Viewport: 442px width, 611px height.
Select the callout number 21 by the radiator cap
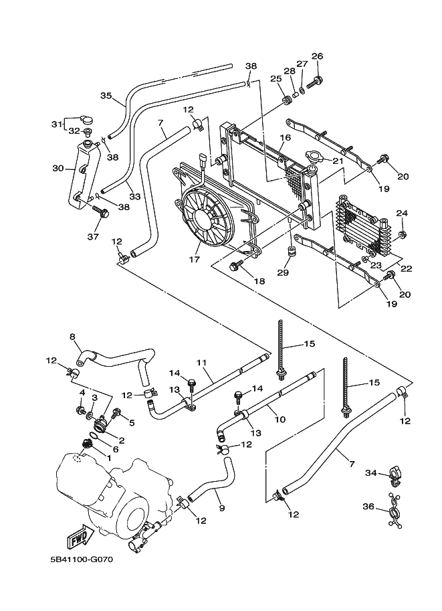[x=338, y=161]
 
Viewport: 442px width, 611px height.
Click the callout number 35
[x=105, y=96]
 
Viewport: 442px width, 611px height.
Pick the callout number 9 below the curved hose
[x=221, y=508]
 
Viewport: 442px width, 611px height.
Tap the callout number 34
[x=371, y=473]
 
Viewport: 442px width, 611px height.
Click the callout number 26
[x=317, y=56]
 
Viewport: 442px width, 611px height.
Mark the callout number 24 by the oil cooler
[x=402, y=213]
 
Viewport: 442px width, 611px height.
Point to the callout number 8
[x=72, y=337]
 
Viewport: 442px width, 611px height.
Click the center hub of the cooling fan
[x=200, y=217]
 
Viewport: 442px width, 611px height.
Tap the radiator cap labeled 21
[x=313, y=157]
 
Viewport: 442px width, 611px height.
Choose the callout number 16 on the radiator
[x=284, y=138]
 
